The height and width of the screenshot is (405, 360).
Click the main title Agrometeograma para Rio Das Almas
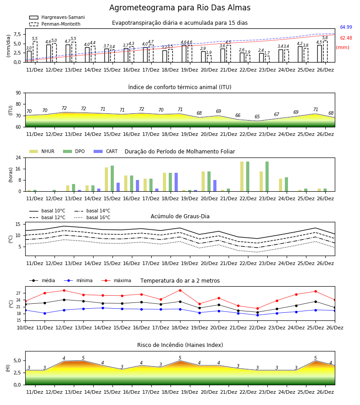tap(180, 8)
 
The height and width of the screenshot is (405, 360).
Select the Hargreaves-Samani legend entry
tap(57, 17)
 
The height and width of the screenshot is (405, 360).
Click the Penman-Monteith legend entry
tap(55, 24)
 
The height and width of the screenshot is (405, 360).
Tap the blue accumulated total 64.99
tap(346, 27)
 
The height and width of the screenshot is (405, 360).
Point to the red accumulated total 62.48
tap(346, 38)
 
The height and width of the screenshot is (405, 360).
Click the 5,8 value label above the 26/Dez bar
tap(325, 38)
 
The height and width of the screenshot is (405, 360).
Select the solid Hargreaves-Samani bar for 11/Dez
tap(29, 57)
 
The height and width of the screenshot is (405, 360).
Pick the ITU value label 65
tap(257, 117)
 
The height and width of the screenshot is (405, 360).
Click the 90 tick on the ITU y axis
tap(18, 93)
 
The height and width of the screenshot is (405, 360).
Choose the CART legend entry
tap(106, 151)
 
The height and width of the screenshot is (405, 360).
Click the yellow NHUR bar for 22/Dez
tap(242, 176)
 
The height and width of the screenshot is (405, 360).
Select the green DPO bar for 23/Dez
tap(267, 176)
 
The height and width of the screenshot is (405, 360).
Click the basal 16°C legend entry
tap(92, 217)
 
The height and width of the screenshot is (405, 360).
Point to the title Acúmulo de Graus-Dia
tap(180, 216)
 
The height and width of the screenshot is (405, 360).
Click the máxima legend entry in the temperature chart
tap(116, 280)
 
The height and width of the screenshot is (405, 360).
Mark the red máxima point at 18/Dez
tap(180, 290)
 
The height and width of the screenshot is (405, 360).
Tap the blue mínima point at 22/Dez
tap(257, 315)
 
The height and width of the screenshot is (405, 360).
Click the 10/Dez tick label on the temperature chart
tap(25, 328)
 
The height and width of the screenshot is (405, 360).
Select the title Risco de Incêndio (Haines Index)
tap(180, 345)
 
